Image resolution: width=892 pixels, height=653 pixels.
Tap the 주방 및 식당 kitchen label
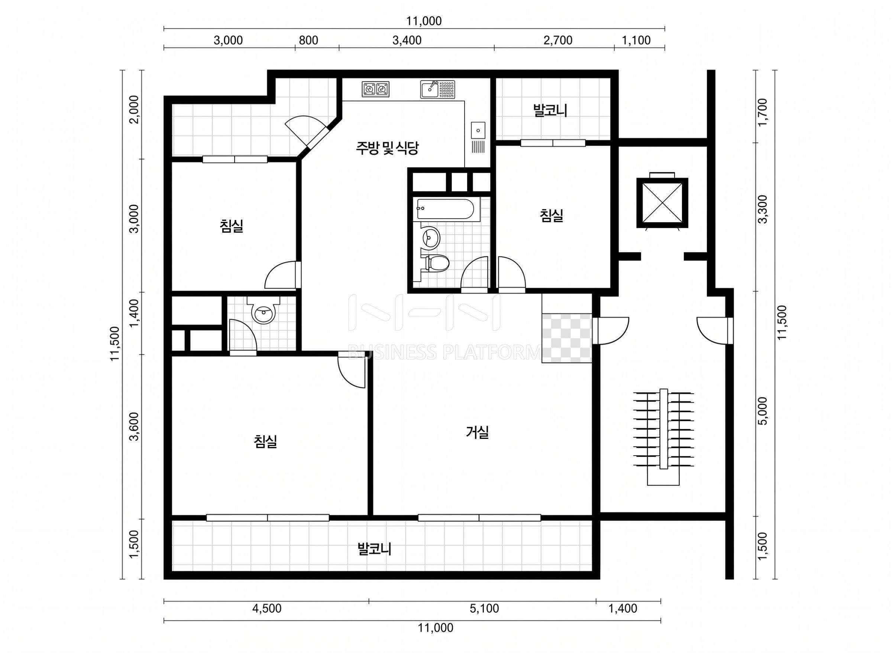click(387, 148)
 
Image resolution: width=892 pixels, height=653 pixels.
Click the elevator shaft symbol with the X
click(662, 203)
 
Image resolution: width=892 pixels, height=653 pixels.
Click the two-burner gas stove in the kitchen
click(375, 90)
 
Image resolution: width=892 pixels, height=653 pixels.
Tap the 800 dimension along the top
click(308, 40)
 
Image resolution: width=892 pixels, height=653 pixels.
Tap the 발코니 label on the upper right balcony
click(550, 110)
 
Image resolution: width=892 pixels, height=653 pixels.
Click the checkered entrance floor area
click(567, 338)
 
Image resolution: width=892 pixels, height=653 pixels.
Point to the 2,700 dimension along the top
click(557, 40)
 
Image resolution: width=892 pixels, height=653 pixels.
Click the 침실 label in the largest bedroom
click(265, 441)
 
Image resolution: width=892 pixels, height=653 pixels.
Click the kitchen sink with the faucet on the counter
click(437, 90)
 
